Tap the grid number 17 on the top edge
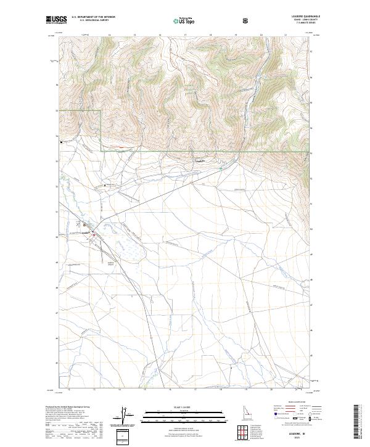(x=186, y=35)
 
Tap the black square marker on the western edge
(x=61, y=142)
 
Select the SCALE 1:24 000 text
(x=185, y=407)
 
